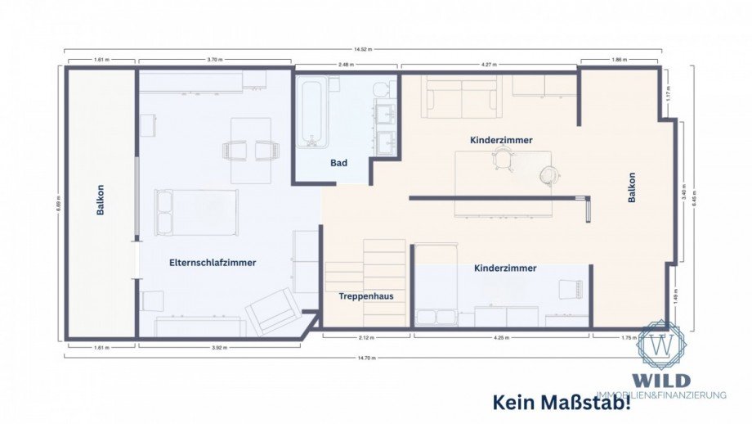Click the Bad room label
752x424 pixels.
pos(338,163)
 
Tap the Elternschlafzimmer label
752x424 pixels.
pos(213,263)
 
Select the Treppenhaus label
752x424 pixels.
pos(360,295)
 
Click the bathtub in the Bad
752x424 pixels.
pos(311,111)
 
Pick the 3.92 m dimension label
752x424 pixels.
pos(218,346)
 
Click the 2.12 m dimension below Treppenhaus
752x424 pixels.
pos(366,337)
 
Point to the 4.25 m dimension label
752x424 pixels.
pos(501,337)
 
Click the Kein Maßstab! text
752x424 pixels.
pos(562,403)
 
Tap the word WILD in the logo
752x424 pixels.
pos(660,381)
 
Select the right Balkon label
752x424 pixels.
pos(631,187)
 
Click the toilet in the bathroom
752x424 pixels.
pos(382,89)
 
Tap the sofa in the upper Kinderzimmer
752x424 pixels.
pos(461,98)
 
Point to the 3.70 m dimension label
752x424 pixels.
pos(213,61)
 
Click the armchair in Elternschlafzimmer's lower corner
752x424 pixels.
pos(273,311)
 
